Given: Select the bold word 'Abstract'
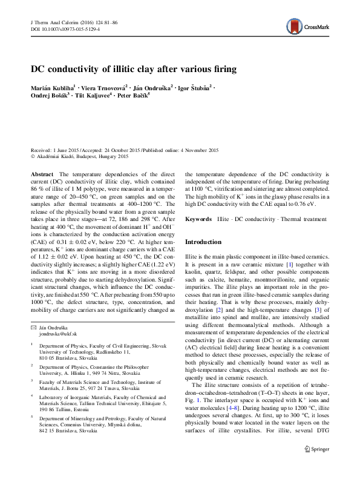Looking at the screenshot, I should [41, 174].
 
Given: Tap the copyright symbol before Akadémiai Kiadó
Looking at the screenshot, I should [33, 157].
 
